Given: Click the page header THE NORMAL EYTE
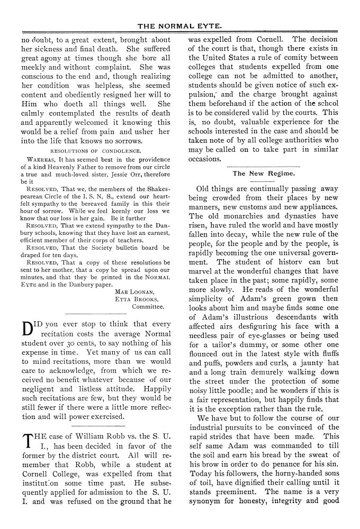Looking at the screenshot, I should click(179, 25).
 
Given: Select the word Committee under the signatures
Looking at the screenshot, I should click(148, 306).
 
